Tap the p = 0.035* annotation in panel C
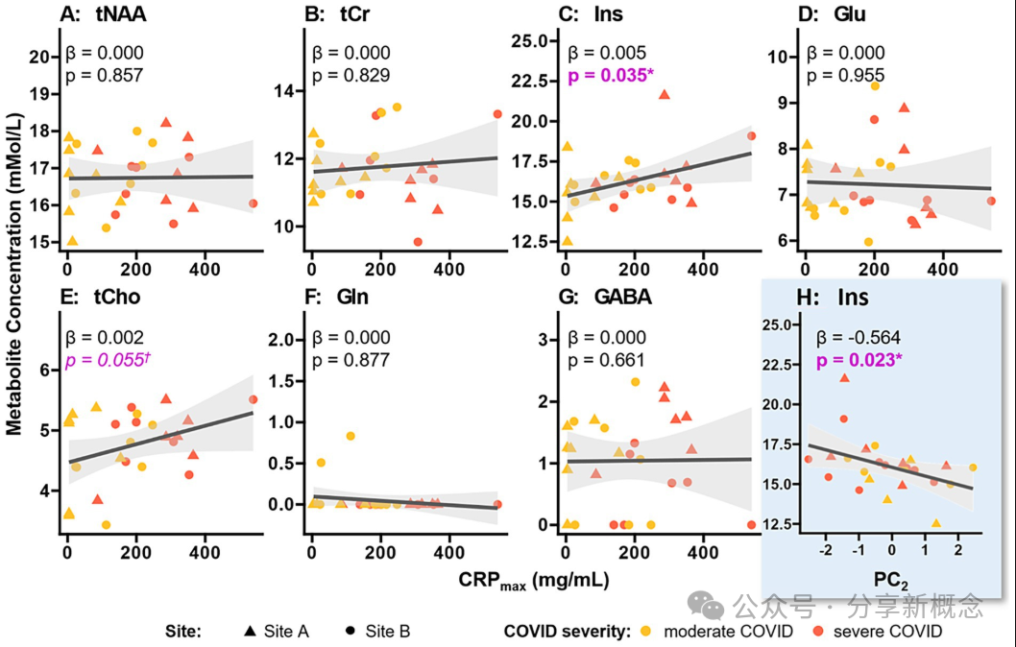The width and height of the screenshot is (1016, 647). [x=610, y=75]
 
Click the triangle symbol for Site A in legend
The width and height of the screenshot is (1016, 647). [x=250, y=631]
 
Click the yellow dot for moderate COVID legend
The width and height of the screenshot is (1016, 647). [x=646, y=631]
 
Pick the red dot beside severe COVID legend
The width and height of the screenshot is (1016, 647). [x=817, y=631]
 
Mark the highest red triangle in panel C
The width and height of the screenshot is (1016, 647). [x=664, y=94]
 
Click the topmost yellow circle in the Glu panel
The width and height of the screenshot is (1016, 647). [x=875, y=86]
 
